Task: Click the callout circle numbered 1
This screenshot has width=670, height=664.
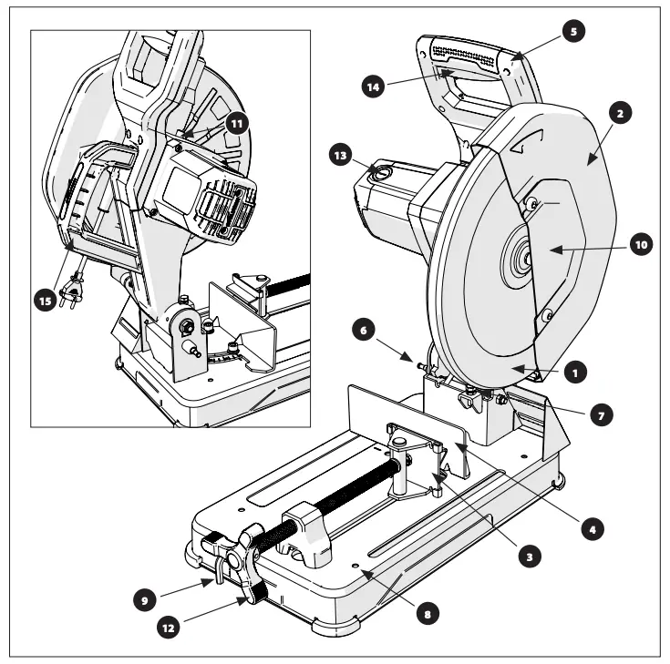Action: pyautogui.click(x=573, y=372)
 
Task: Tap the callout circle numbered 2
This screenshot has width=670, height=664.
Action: pyautogui.click(x=619, y=114)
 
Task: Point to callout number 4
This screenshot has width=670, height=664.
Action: pyautogui.click(x=593, y=526)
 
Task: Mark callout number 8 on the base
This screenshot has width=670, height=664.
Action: pyautogui.click(x=424, y=612)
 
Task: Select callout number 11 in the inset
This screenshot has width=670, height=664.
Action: pyautogui.click(x=237, y=122)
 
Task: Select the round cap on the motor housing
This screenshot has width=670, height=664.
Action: pyautogui.click(x=383, y=170)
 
